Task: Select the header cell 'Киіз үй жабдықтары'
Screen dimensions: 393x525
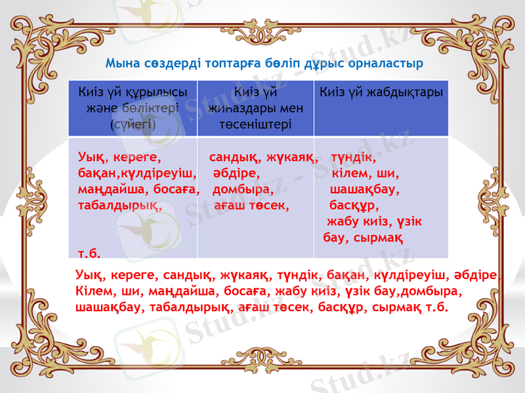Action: pos(381,92)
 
